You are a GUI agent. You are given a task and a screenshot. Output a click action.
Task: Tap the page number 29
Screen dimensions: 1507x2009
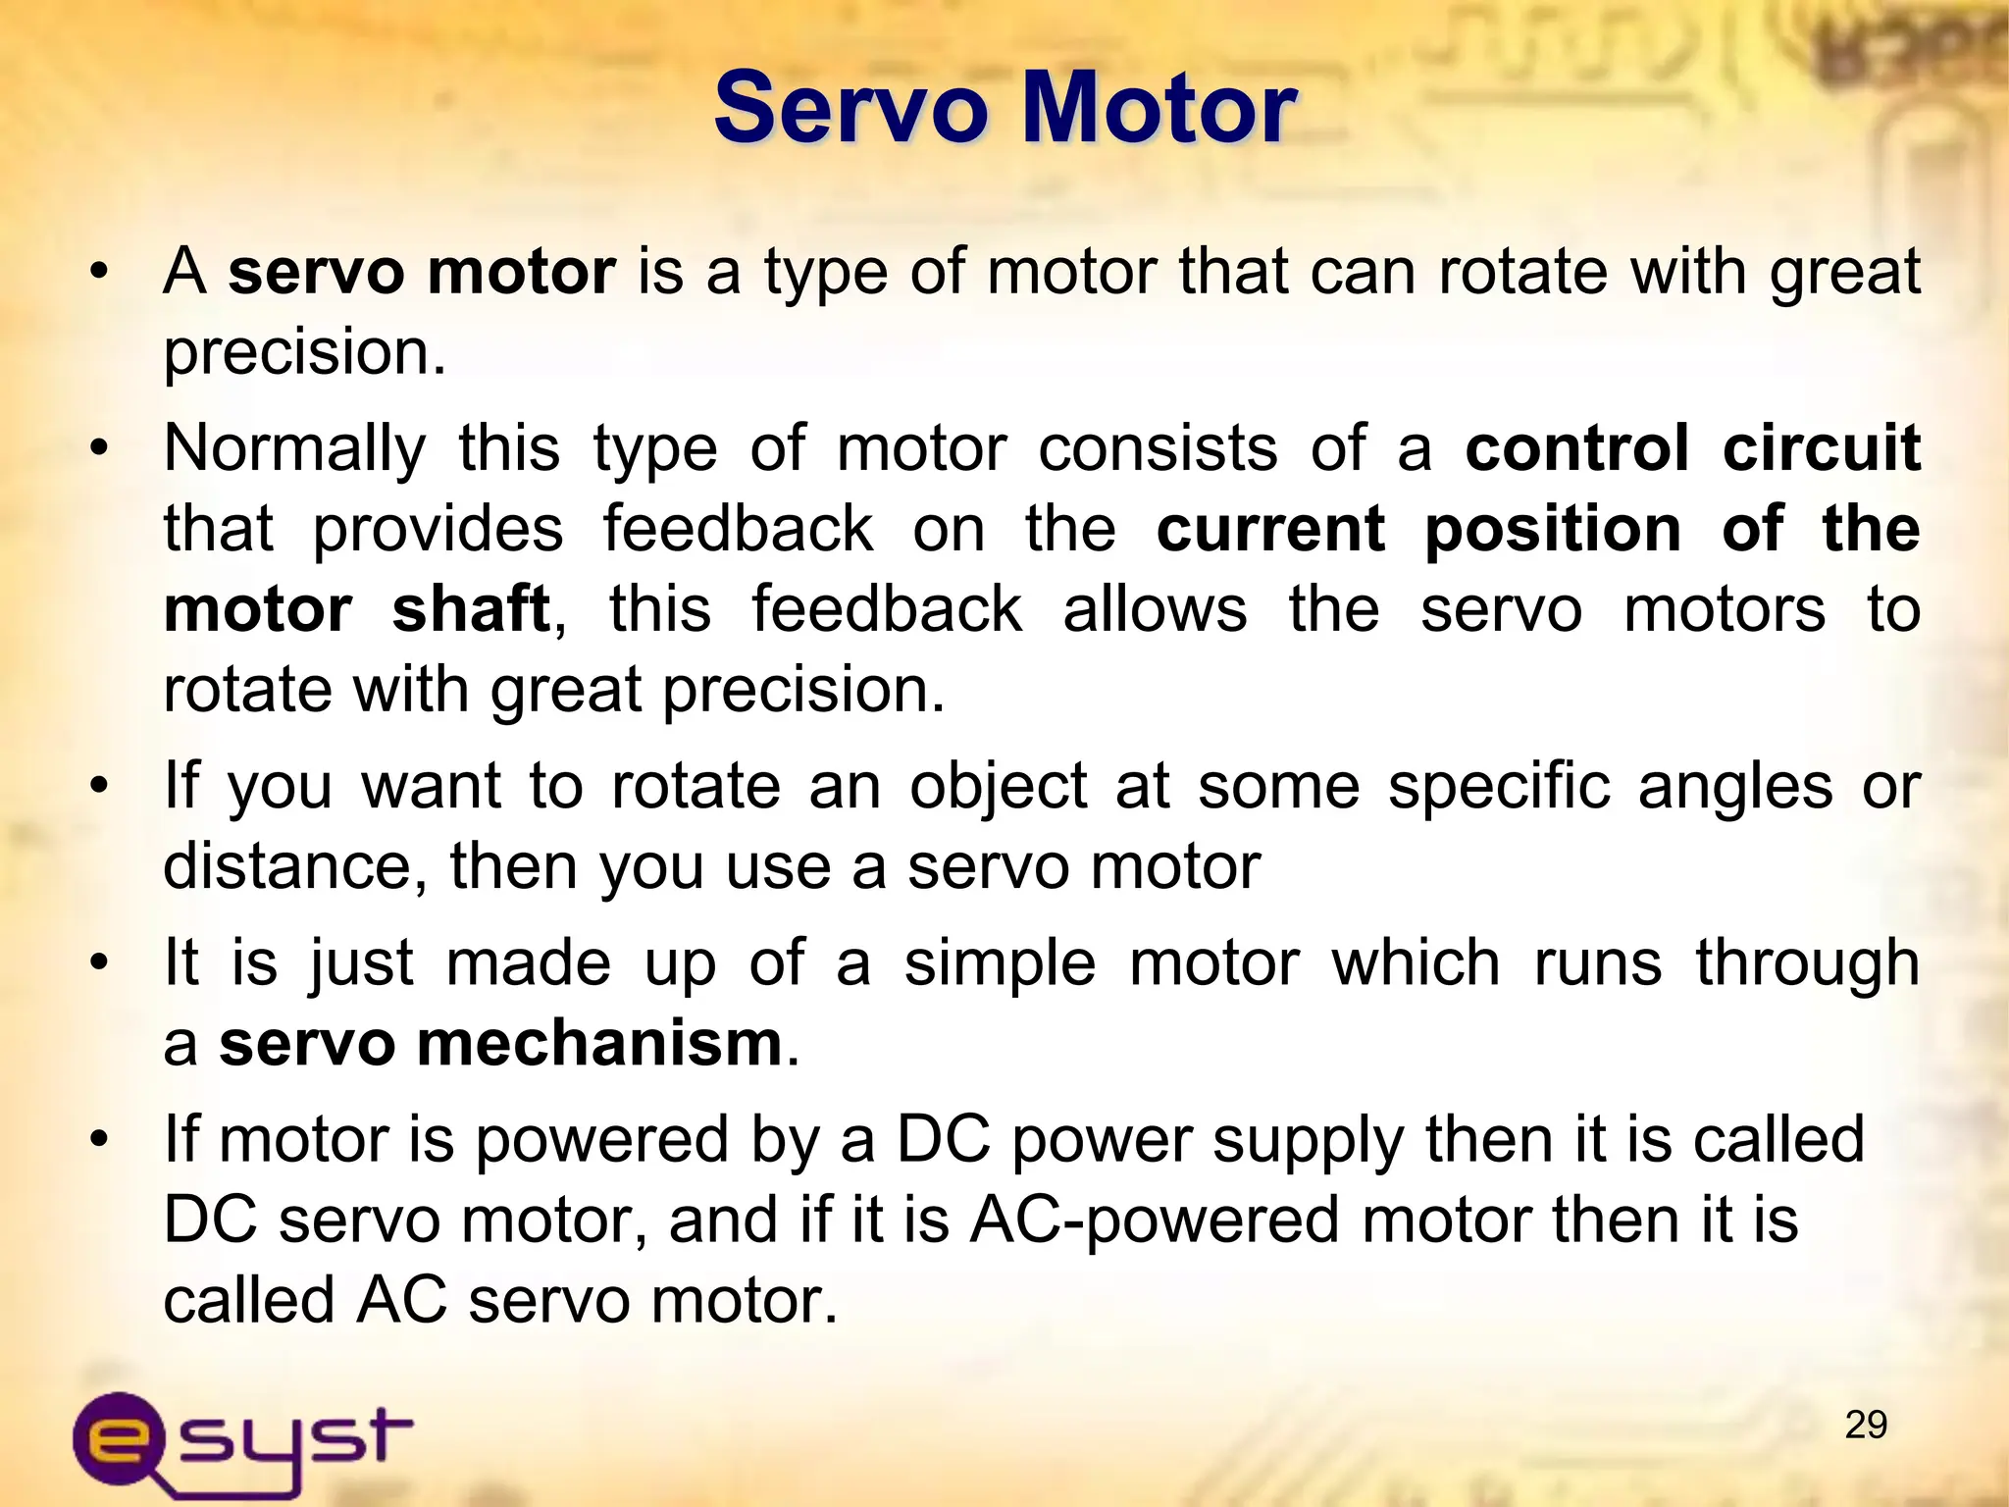1865,1425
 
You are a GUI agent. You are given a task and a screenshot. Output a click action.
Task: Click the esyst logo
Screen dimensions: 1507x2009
241,1442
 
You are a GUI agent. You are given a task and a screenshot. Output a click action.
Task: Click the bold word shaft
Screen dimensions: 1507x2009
471,609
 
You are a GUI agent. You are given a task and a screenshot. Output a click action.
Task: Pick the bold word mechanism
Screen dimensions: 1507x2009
599,1043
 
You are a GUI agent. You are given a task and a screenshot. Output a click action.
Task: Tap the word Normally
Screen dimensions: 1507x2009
294,450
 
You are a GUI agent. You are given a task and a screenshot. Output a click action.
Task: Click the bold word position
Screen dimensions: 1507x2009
1553,531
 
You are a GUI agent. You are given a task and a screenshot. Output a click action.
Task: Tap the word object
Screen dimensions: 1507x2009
998,788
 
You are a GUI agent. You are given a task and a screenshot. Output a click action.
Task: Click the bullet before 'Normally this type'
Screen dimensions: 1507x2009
98,448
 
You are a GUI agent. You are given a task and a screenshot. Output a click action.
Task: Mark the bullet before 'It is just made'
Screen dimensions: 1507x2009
98,962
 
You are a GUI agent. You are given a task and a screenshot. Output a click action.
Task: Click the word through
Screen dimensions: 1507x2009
1807,963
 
